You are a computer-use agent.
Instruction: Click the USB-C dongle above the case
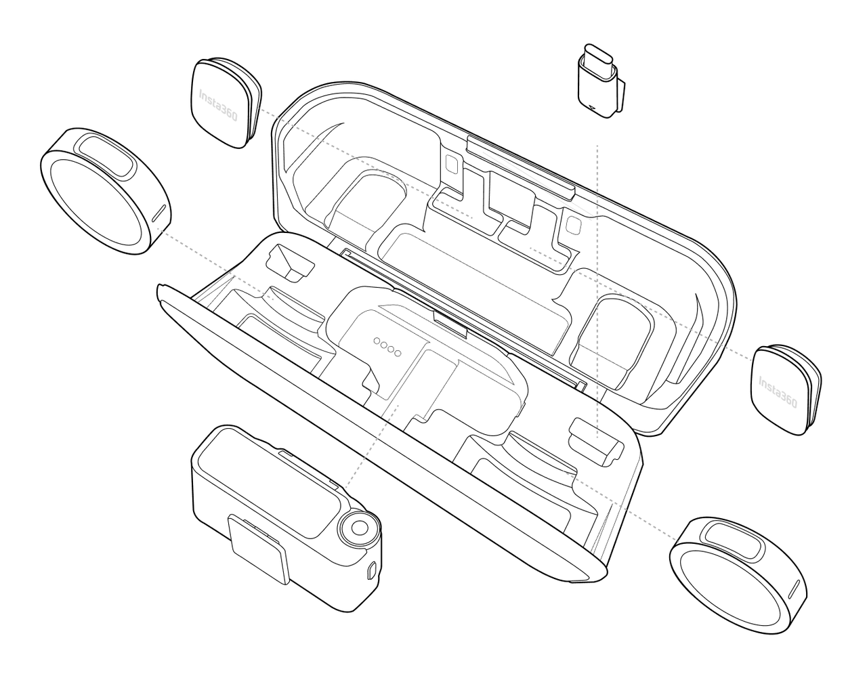click(x=601, y=82)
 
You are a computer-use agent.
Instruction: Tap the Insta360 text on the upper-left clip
click(x=218, y=105)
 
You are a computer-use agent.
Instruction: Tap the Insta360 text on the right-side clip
click(x=778, y=391)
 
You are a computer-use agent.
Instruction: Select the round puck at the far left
click(x=106, y=190)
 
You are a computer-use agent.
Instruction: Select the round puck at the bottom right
click(x=738, y=576)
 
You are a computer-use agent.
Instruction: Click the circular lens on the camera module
click(x=359, y=528)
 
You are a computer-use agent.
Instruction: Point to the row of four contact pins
click(x=387, y=347)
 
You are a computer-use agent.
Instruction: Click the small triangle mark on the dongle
click(x=593, y=107)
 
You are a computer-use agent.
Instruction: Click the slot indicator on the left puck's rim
click(x=158, y=213)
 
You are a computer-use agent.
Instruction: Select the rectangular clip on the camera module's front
click(x=259, y=549)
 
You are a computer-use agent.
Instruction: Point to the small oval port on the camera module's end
click(x=371, y=571)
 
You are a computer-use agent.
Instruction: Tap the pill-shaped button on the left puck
click(x=106, y=156)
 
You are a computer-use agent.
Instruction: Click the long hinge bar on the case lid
click(x=521, y=167)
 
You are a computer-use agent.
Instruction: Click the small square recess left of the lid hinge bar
click(x=452, y=164)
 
